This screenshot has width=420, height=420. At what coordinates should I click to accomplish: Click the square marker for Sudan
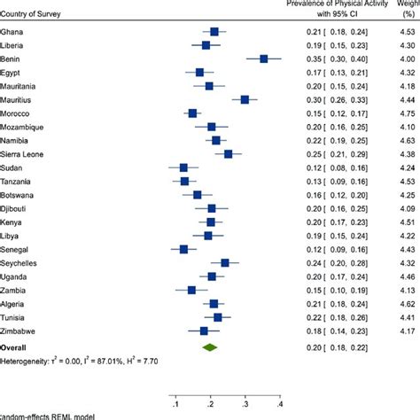point(183,192)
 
